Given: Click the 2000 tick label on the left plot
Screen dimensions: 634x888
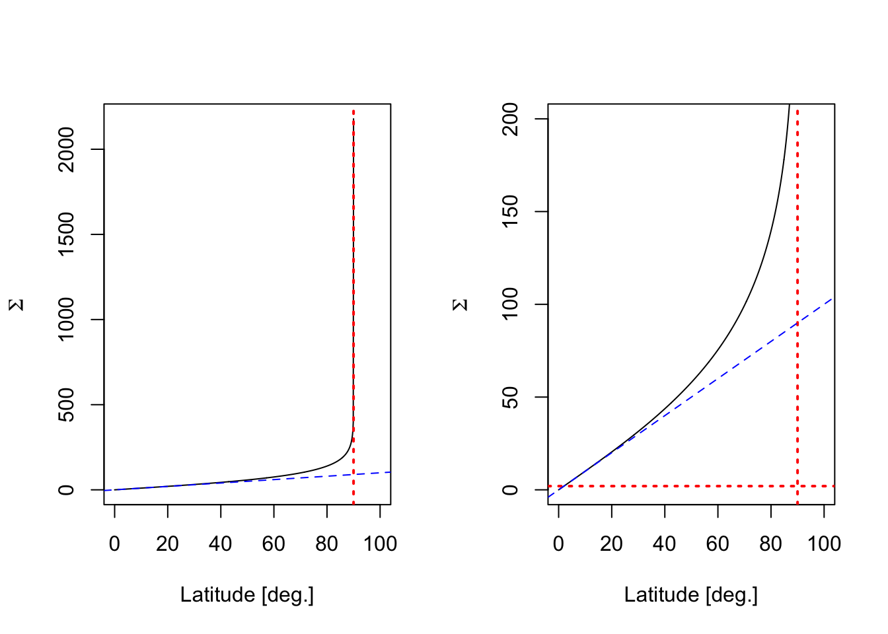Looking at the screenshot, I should (x=66, y=149).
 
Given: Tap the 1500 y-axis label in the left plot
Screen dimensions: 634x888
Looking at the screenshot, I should (x=66, y=234).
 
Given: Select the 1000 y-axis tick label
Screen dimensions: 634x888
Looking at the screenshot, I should (x=66, y=320).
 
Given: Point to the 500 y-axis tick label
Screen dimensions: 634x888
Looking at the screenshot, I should (x=66, y=405).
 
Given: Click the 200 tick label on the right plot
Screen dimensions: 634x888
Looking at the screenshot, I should (x=510, y=119).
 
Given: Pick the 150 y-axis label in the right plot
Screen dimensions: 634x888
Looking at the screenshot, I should (x=510, y=211).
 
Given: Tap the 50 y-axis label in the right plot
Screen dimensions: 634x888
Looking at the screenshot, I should (x=510, y=397).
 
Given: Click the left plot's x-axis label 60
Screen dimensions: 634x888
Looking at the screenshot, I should (x=274, y=544).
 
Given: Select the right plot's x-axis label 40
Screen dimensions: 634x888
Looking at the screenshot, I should (x=665, y=544).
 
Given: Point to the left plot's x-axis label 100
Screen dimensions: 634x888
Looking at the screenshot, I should (x=380, y=544).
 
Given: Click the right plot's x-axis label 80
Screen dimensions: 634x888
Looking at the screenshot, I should (x=770, y=544).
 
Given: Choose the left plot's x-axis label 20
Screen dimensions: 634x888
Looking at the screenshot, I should (x=168, y=544).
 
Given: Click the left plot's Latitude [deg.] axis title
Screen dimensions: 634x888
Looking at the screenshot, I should (x=247, y=595).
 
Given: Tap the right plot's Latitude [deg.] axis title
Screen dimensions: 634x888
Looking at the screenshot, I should (x=691, y=595).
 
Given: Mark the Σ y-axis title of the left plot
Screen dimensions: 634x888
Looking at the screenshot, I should (x=17, y=304).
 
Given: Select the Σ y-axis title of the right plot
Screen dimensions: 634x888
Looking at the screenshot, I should (x=461, y=304).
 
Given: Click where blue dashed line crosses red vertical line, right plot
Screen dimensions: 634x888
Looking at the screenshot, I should (x=797, y=322).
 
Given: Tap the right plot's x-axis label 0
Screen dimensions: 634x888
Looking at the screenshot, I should (x=559, y=544).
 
